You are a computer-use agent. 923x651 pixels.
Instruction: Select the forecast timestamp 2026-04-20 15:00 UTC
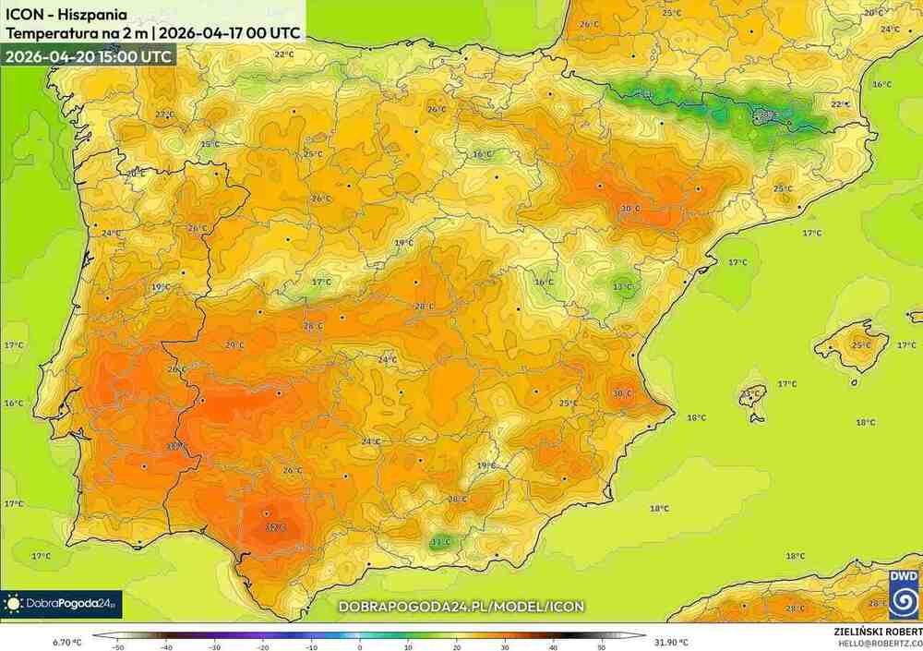(88, 55)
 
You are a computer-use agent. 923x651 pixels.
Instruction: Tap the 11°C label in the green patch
(441, 542)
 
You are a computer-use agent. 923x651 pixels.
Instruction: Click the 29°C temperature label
(234, 345)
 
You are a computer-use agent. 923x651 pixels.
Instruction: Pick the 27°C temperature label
(164, 115)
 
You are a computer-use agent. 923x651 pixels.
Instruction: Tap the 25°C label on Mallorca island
(860, 346)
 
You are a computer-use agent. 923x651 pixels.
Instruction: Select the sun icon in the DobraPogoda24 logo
(13, 604)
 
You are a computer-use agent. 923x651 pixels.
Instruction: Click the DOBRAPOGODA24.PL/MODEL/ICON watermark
(461, 607)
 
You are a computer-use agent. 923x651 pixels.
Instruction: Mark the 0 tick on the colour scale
(360, 646)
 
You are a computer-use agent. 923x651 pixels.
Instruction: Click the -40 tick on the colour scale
(167, 646)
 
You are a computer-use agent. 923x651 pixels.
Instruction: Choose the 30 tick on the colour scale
(504, 646)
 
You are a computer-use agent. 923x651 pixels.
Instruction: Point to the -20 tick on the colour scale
(263, 646)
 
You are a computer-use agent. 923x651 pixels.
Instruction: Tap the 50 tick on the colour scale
(601, 646)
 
